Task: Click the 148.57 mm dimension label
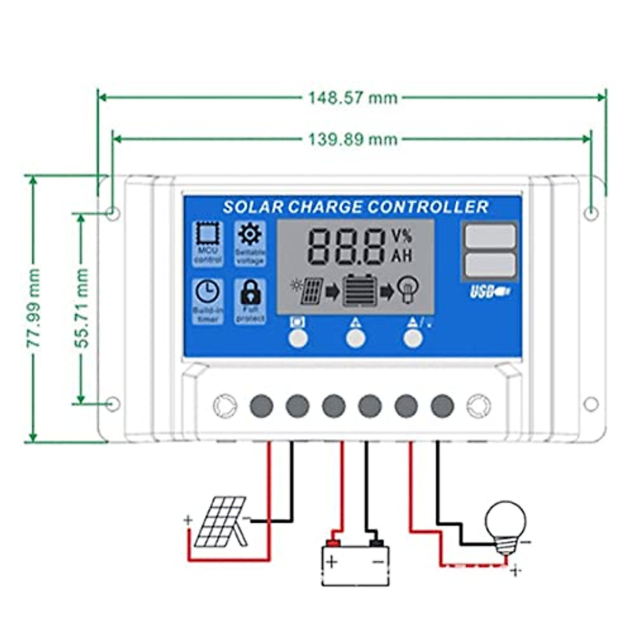[352, 98]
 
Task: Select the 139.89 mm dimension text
[352, 139]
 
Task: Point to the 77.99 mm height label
[34, 308]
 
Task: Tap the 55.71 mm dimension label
[81, 308]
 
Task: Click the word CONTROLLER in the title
[428, 207]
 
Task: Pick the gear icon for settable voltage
[250, 234]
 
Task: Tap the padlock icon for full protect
[250, 292]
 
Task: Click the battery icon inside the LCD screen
[360, 291]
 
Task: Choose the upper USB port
[490, 235]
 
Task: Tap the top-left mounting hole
[113, 214]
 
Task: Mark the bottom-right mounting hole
[591, 404]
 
